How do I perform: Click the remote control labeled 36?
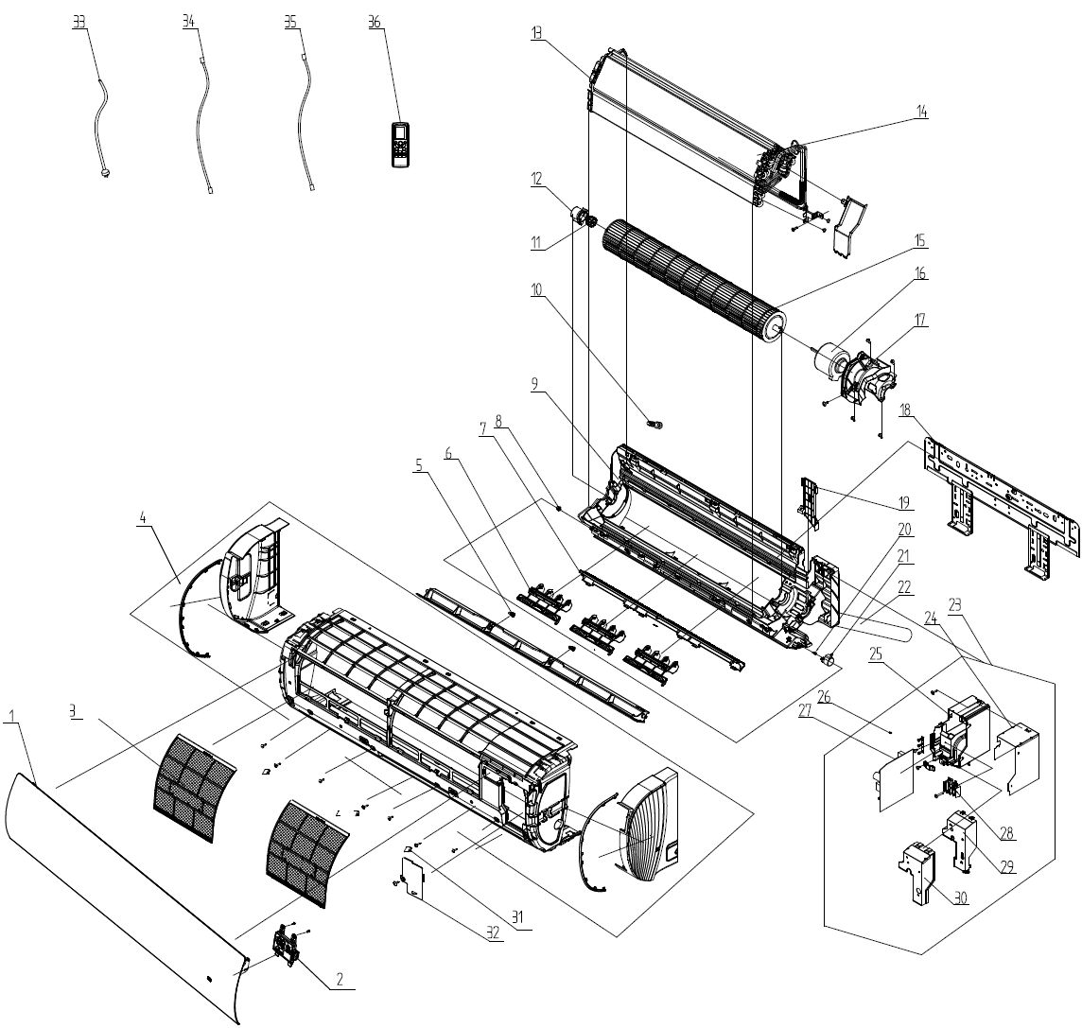pos(401,145)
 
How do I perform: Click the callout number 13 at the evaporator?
pos(536,33)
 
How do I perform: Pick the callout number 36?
pos(375,23)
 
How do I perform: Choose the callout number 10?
pos(536,289)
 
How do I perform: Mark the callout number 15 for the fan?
pos(920,241)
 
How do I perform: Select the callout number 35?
pos(290,23)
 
